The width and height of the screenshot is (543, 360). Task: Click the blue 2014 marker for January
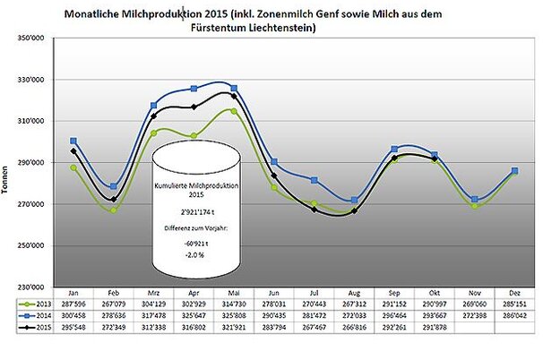(x=74, y=141)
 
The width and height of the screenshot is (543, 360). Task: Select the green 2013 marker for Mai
(x=234, y=110)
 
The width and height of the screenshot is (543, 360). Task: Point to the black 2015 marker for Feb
(x=113, y=199)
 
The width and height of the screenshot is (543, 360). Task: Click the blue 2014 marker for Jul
(x=314, y=180)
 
